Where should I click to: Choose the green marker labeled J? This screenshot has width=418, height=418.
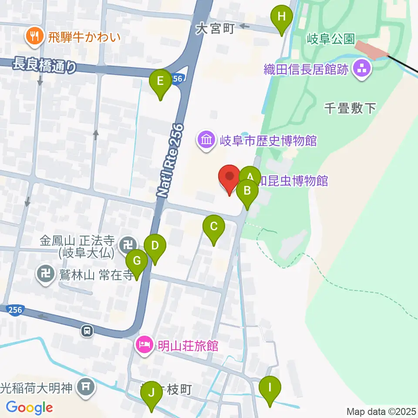point(152,394)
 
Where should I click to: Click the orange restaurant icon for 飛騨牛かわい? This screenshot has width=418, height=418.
point(33,37)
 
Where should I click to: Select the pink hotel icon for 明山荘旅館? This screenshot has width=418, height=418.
point(144,346)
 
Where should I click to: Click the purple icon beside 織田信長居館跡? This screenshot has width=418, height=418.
point(361,68)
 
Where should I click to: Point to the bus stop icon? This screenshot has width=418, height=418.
point(88,331)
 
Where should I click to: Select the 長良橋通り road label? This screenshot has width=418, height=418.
point(45,66)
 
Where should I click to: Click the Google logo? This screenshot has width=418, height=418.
point(29,408)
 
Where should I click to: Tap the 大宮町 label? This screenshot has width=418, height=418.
point(215,29)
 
